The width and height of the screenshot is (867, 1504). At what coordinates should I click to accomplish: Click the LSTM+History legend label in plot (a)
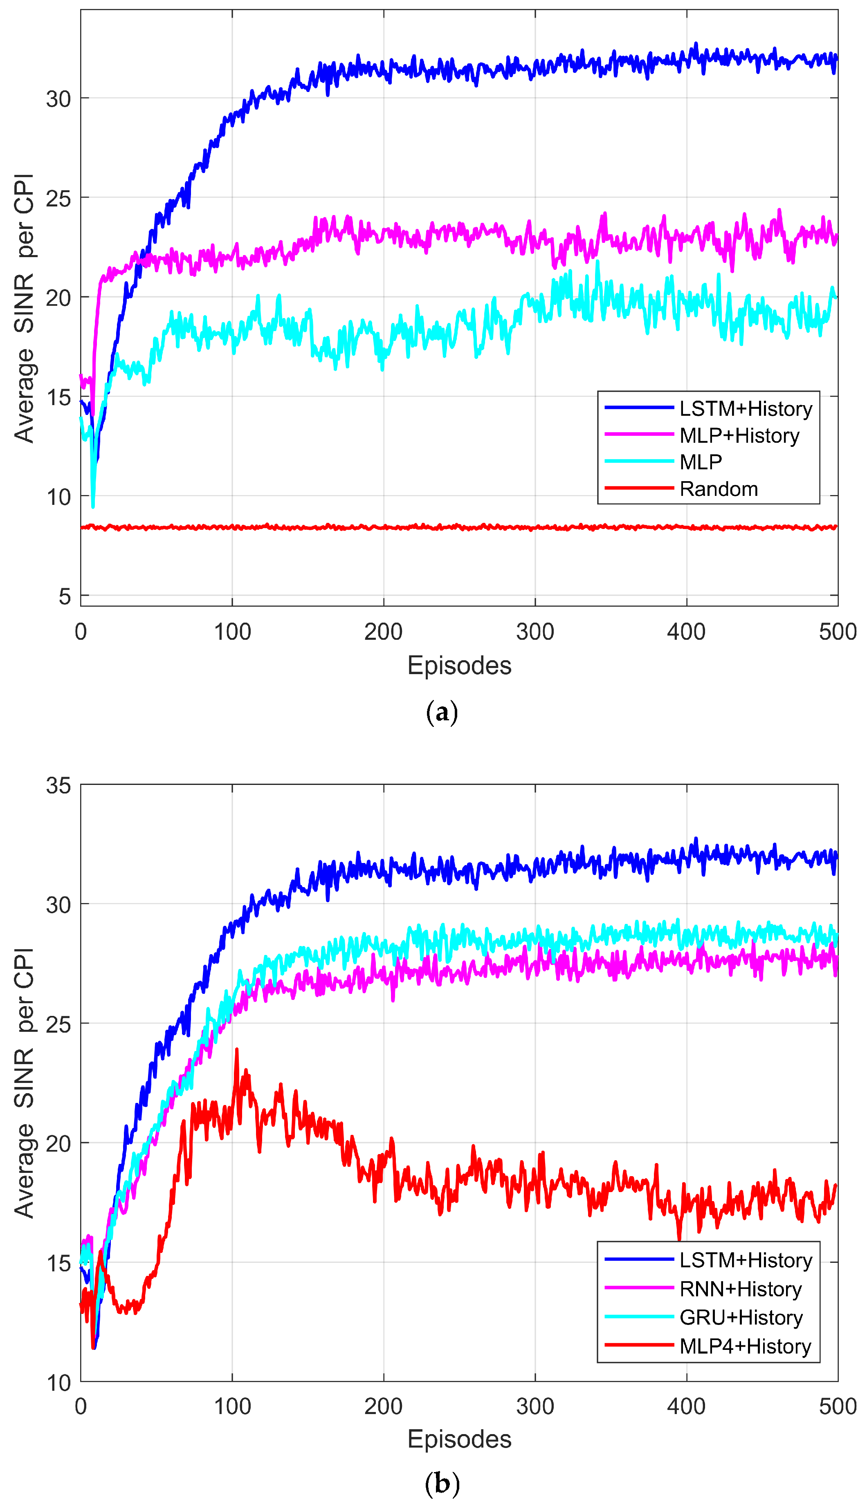(x=746, y=408)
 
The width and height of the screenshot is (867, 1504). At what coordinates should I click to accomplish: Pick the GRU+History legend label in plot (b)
(x=741, y=1317)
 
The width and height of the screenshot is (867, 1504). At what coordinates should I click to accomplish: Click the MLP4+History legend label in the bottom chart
(x=745, y=1346)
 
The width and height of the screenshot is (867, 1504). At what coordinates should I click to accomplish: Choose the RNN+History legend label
(x=740, y=1289)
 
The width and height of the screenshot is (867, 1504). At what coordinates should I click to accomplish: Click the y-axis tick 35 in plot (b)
(x=58, y=786)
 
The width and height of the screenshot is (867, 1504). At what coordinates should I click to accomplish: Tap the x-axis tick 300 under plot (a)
(x=535, y=632)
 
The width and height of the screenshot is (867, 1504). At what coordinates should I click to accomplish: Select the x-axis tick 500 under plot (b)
(x=837, y=1406)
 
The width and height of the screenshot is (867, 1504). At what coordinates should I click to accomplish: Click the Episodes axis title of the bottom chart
(x=459, y=1439)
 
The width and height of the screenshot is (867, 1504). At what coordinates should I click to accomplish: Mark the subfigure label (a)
(x=442, y=712)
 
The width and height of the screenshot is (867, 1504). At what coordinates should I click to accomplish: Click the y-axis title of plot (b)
(x=24, y=1083)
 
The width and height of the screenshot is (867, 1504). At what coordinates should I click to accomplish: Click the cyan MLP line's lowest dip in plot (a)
(x=93, y=506)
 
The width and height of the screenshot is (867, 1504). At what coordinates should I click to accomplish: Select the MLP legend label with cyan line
(x=701, y=462)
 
